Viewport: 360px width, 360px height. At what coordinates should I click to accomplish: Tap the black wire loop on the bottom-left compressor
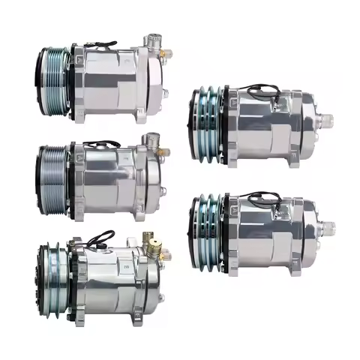point(100,238)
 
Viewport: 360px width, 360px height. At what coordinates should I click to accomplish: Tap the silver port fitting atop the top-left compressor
point(154,37)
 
